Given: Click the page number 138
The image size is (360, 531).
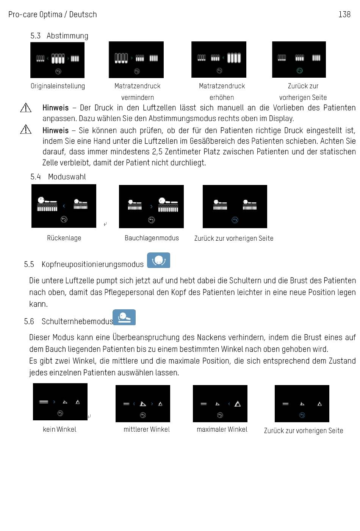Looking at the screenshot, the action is pos(344,14).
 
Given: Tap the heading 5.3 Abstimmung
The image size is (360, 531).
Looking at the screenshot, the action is pos(59,36).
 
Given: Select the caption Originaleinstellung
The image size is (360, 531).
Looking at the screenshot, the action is pos(58,86).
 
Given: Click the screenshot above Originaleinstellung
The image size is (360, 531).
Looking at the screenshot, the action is pos(57,60).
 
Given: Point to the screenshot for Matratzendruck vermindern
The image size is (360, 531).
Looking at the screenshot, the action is pos(136,60).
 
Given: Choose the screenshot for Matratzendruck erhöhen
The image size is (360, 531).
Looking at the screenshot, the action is pos(219,60).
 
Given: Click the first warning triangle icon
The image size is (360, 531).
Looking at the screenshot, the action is pos(26,108).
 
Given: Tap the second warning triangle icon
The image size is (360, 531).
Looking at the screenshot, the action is pos(26,129).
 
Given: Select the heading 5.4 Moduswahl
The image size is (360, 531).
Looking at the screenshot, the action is pos(58,177).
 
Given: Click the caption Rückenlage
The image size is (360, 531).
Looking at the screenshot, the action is pos(64,238).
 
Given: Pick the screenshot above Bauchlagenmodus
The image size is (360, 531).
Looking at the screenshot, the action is pos(151,207).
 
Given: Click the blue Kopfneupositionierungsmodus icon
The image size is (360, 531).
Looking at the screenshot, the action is pos(158,260).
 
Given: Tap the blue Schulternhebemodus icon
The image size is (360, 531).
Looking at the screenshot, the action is pos(124,317).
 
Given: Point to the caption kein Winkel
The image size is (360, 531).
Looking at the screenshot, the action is pos(59,429).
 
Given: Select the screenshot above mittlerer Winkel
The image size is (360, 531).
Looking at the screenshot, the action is pos(142,404).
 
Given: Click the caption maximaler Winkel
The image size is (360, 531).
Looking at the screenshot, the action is pos(222,429).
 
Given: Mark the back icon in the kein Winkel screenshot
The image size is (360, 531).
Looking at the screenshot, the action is pos(60,413).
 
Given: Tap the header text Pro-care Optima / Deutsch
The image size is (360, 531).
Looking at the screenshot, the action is pos(53,14).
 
